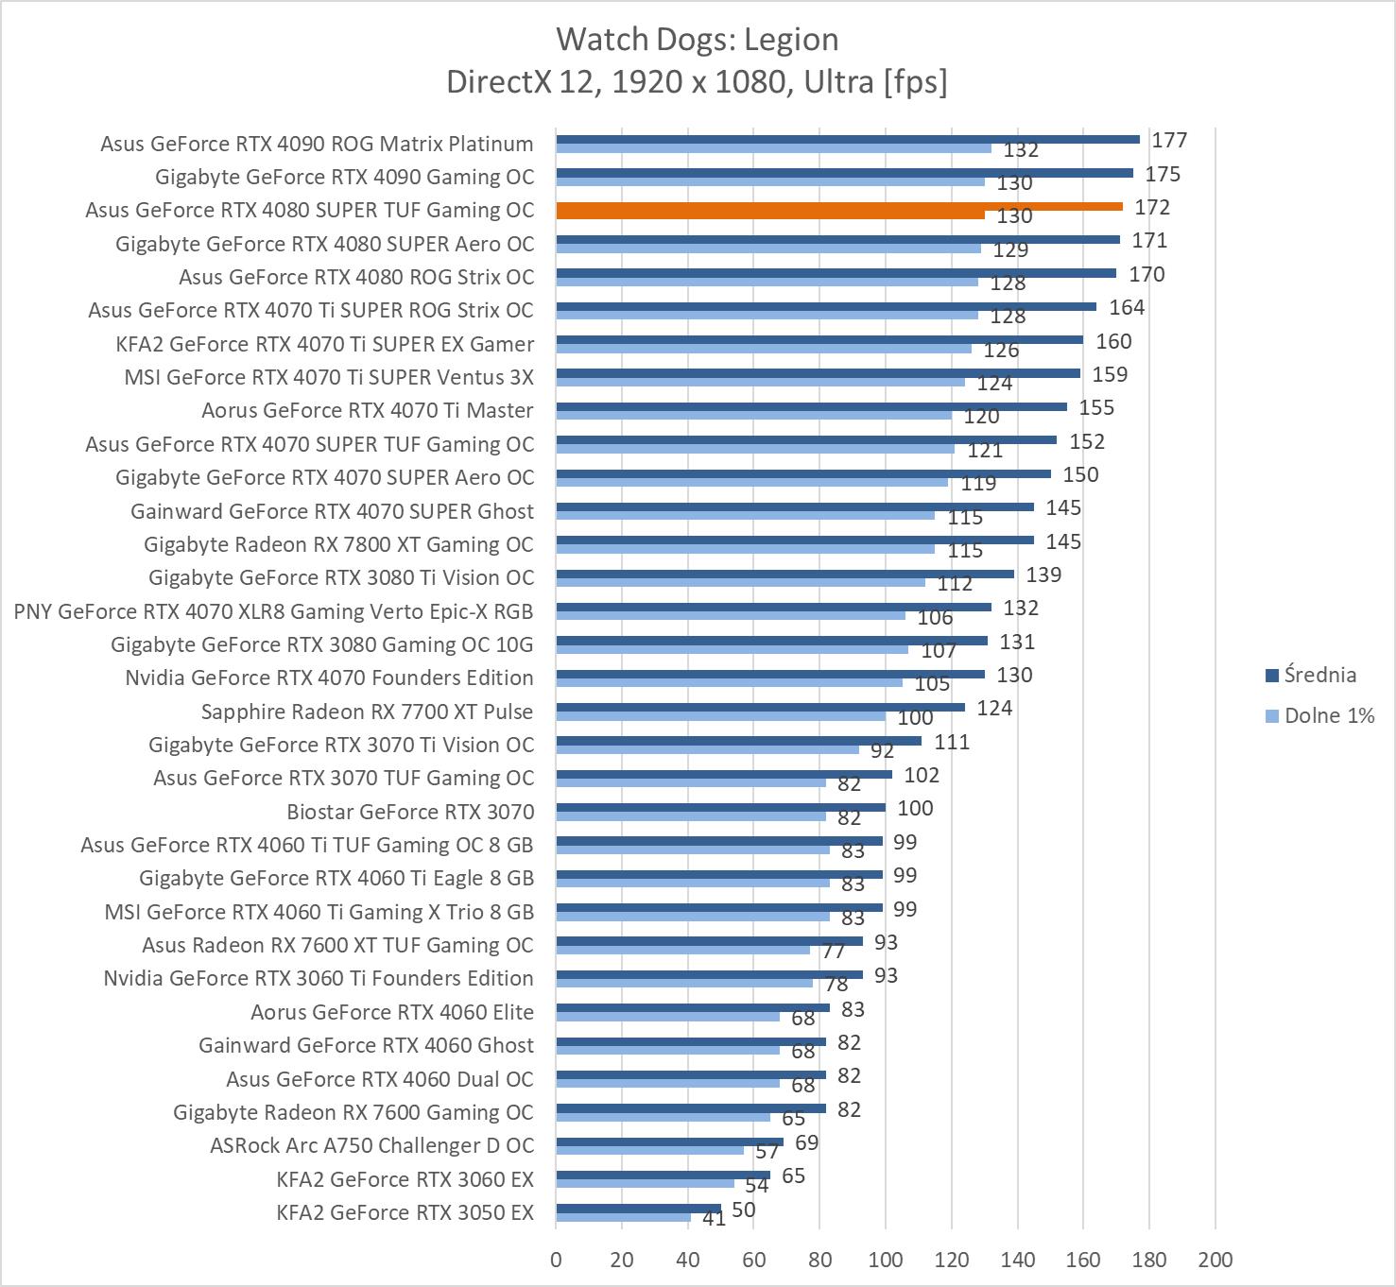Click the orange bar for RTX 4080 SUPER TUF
point(839,206)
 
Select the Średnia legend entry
point(1310,675)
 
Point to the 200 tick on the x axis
point(1215,1259)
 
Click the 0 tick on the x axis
point(556,1259)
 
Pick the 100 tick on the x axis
point(886,1259)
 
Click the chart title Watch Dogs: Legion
point(697,39)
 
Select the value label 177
point(1169,140)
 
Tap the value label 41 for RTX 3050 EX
point(714,1219)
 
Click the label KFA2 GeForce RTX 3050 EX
point(405,1211)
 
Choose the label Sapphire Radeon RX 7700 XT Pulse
point(367,712)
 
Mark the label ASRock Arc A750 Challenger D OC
point(371,1145)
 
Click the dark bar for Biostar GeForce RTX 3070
point(720,807)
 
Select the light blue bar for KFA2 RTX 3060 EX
point(645,1183)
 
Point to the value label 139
point(1043,575)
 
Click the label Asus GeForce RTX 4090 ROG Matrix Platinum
point(317,144)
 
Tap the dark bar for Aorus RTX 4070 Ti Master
point(811,406)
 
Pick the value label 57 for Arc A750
point(767,1151)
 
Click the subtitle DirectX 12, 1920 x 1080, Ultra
point(697,82)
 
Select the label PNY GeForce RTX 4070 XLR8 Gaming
point(273,611)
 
